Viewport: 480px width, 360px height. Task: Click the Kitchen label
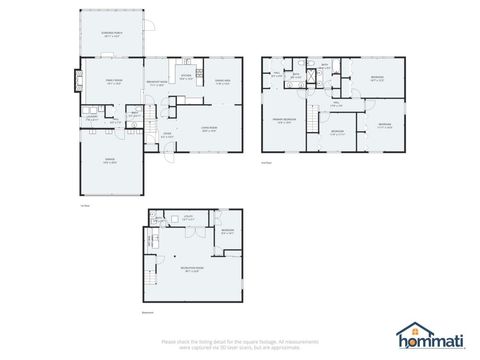tap(186, 76)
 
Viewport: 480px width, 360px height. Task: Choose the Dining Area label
tap(223, 84)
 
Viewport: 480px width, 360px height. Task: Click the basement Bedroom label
tap(228, 232)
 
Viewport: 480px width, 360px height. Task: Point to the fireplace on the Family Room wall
tap(71, 79)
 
